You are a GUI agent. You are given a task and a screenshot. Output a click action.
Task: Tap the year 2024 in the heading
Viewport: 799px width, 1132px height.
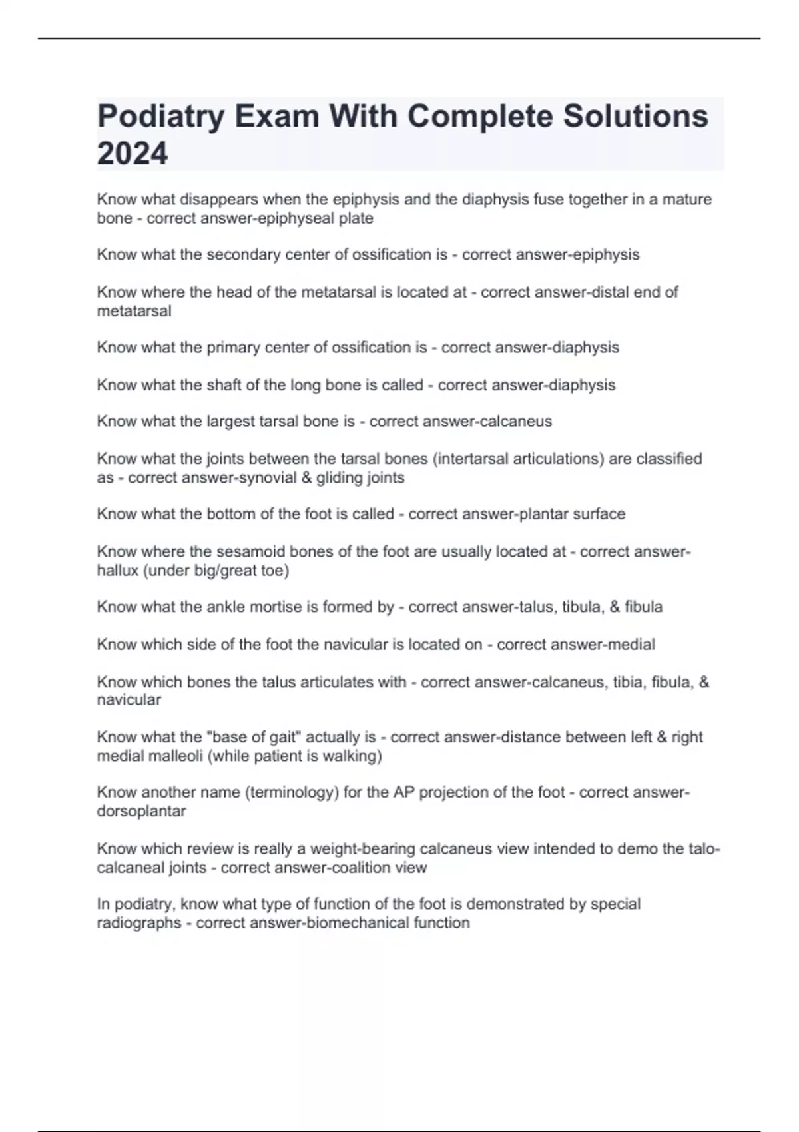[133, 154]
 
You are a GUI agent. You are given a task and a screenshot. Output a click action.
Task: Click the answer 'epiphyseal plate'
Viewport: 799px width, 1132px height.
[327, 218]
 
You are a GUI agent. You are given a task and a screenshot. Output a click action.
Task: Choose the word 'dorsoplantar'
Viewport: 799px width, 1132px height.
[141, 812]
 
